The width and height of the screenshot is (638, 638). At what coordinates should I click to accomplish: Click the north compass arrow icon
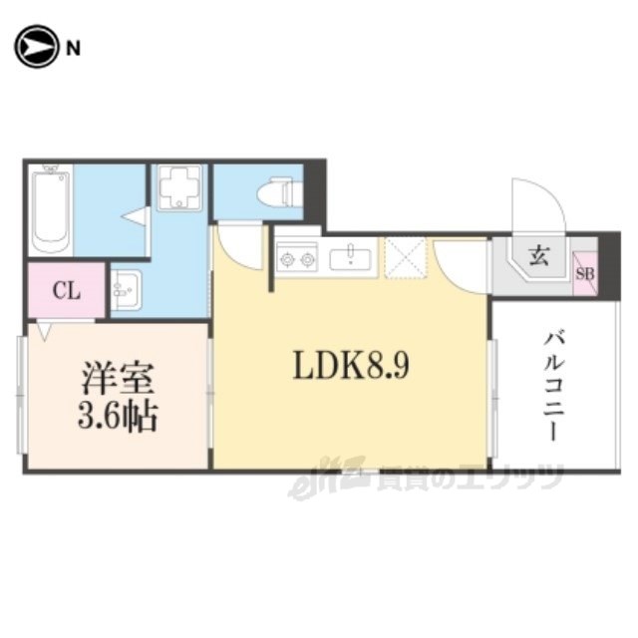(36, 47)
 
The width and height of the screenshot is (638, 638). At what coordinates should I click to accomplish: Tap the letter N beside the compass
(73, 49)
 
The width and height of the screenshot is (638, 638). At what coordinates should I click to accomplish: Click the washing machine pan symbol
(179, 187)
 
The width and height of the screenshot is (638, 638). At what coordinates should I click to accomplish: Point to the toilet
(279, 190)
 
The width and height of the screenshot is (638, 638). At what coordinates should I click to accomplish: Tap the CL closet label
(67, 291)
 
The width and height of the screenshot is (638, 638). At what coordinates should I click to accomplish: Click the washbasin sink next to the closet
(126, 290)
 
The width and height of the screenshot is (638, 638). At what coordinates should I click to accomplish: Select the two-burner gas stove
(297, 257)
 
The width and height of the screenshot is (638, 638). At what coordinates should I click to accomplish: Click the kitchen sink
(350, 258)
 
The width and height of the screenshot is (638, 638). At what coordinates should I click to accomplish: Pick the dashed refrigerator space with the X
(406, 258)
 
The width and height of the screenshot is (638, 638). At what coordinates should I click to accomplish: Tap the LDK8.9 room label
(351, 366)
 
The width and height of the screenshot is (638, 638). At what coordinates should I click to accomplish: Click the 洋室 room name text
(118, 379)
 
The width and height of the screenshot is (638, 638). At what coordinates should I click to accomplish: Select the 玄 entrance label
(539, 256)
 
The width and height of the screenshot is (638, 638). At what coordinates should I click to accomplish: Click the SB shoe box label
(585, 274)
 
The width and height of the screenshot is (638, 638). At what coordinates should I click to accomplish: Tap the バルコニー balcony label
(554, 387)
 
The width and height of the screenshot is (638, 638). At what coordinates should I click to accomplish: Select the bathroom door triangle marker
(135, 215)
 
